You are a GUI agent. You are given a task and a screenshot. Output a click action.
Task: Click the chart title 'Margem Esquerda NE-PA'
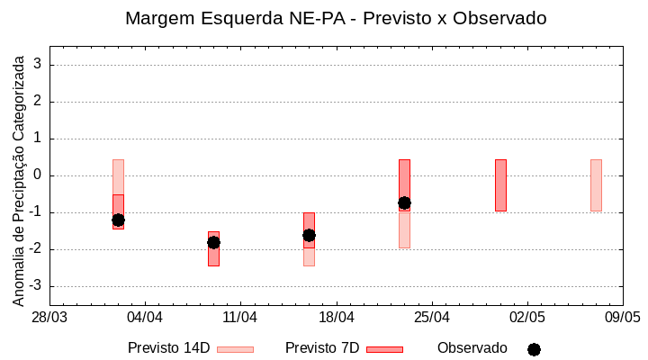[x=336, y=18]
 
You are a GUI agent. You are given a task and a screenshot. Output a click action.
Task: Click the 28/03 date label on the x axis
[x=49, y=317]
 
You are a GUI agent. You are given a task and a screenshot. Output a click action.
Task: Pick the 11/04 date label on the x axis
[x=240, y=317]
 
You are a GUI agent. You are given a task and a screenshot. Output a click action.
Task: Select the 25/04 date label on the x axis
[x=432, y=317]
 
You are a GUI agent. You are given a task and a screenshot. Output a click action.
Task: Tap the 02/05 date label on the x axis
[x=527, y=317]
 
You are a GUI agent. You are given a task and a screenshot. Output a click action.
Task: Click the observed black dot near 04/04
[x=118, y=220]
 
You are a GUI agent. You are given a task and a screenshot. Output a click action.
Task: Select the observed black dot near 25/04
[x=404, y=203]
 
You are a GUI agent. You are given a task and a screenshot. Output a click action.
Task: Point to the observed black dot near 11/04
[x=213, y=242]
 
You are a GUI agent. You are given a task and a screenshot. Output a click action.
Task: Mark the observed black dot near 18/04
[x=309, y=235]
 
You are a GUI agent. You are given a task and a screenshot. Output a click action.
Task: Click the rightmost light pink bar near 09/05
[x=596, y=185]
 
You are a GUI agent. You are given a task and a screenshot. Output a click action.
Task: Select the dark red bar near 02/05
[x=500, y=185]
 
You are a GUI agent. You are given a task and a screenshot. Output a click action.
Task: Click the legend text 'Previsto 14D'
[x=168, y=348]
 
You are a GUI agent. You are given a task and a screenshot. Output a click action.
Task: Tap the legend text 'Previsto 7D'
[x=322, y=348]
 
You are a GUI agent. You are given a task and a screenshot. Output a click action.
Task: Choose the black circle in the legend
[x=534, y=349]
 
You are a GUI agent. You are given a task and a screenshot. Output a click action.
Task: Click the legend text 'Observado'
[x=472, y=348]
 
